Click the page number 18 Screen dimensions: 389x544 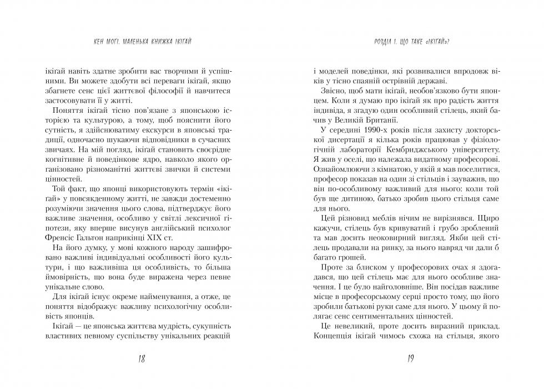141,359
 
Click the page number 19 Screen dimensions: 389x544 410,359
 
